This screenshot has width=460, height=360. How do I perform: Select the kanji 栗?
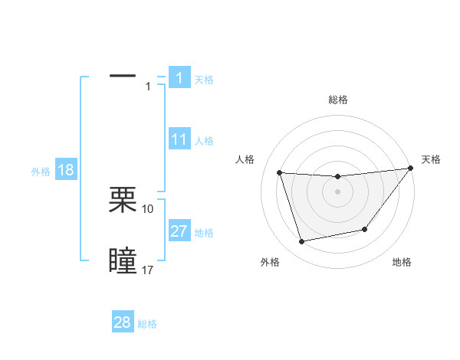click(x=123, y=200)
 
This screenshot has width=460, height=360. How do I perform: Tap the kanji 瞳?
click(x=123, y=260)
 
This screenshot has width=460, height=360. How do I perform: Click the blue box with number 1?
click(x=179, y=77)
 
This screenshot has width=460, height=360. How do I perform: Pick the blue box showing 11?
click(x=179, y=139)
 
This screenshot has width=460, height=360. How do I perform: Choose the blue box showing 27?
click(x=179, y=231)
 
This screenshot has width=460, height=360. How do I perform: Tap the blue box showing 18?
click(x=66, y=170)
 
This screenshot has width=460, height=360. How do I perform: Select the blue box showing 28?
click(x=123, y=322)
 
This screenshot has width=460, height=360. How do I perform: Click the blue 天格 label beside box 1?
click(x=204, y=79)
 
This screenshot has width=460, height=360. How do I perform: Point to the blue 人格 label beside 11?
click(x=204, y=141)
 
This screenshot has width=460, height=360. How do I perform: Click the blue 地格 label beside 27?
click(x=204, y=233)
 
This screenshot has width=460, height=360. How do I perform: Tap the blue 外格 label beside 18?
click(x=41, y=172)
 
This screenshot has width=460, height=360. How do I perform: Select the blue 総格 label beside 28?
click(x=147, y=324)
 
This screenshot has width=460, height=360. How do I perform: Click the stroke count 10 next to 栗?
click(x=148, y=208)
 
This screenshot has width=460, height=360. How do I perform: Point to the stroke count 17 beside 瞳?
click(x=148, y=270)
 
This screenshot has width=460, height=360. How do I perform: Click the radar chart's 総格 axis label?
click(x=338, y=100)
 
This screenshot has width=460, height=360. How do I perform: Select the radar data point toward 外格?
click(x=302, y=242)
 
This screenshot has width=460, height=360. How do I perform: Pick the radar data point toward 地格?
click(x=365, y=229)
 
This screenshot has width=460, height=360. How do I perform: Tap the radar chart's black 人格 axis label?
click(x=245, y=159)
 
